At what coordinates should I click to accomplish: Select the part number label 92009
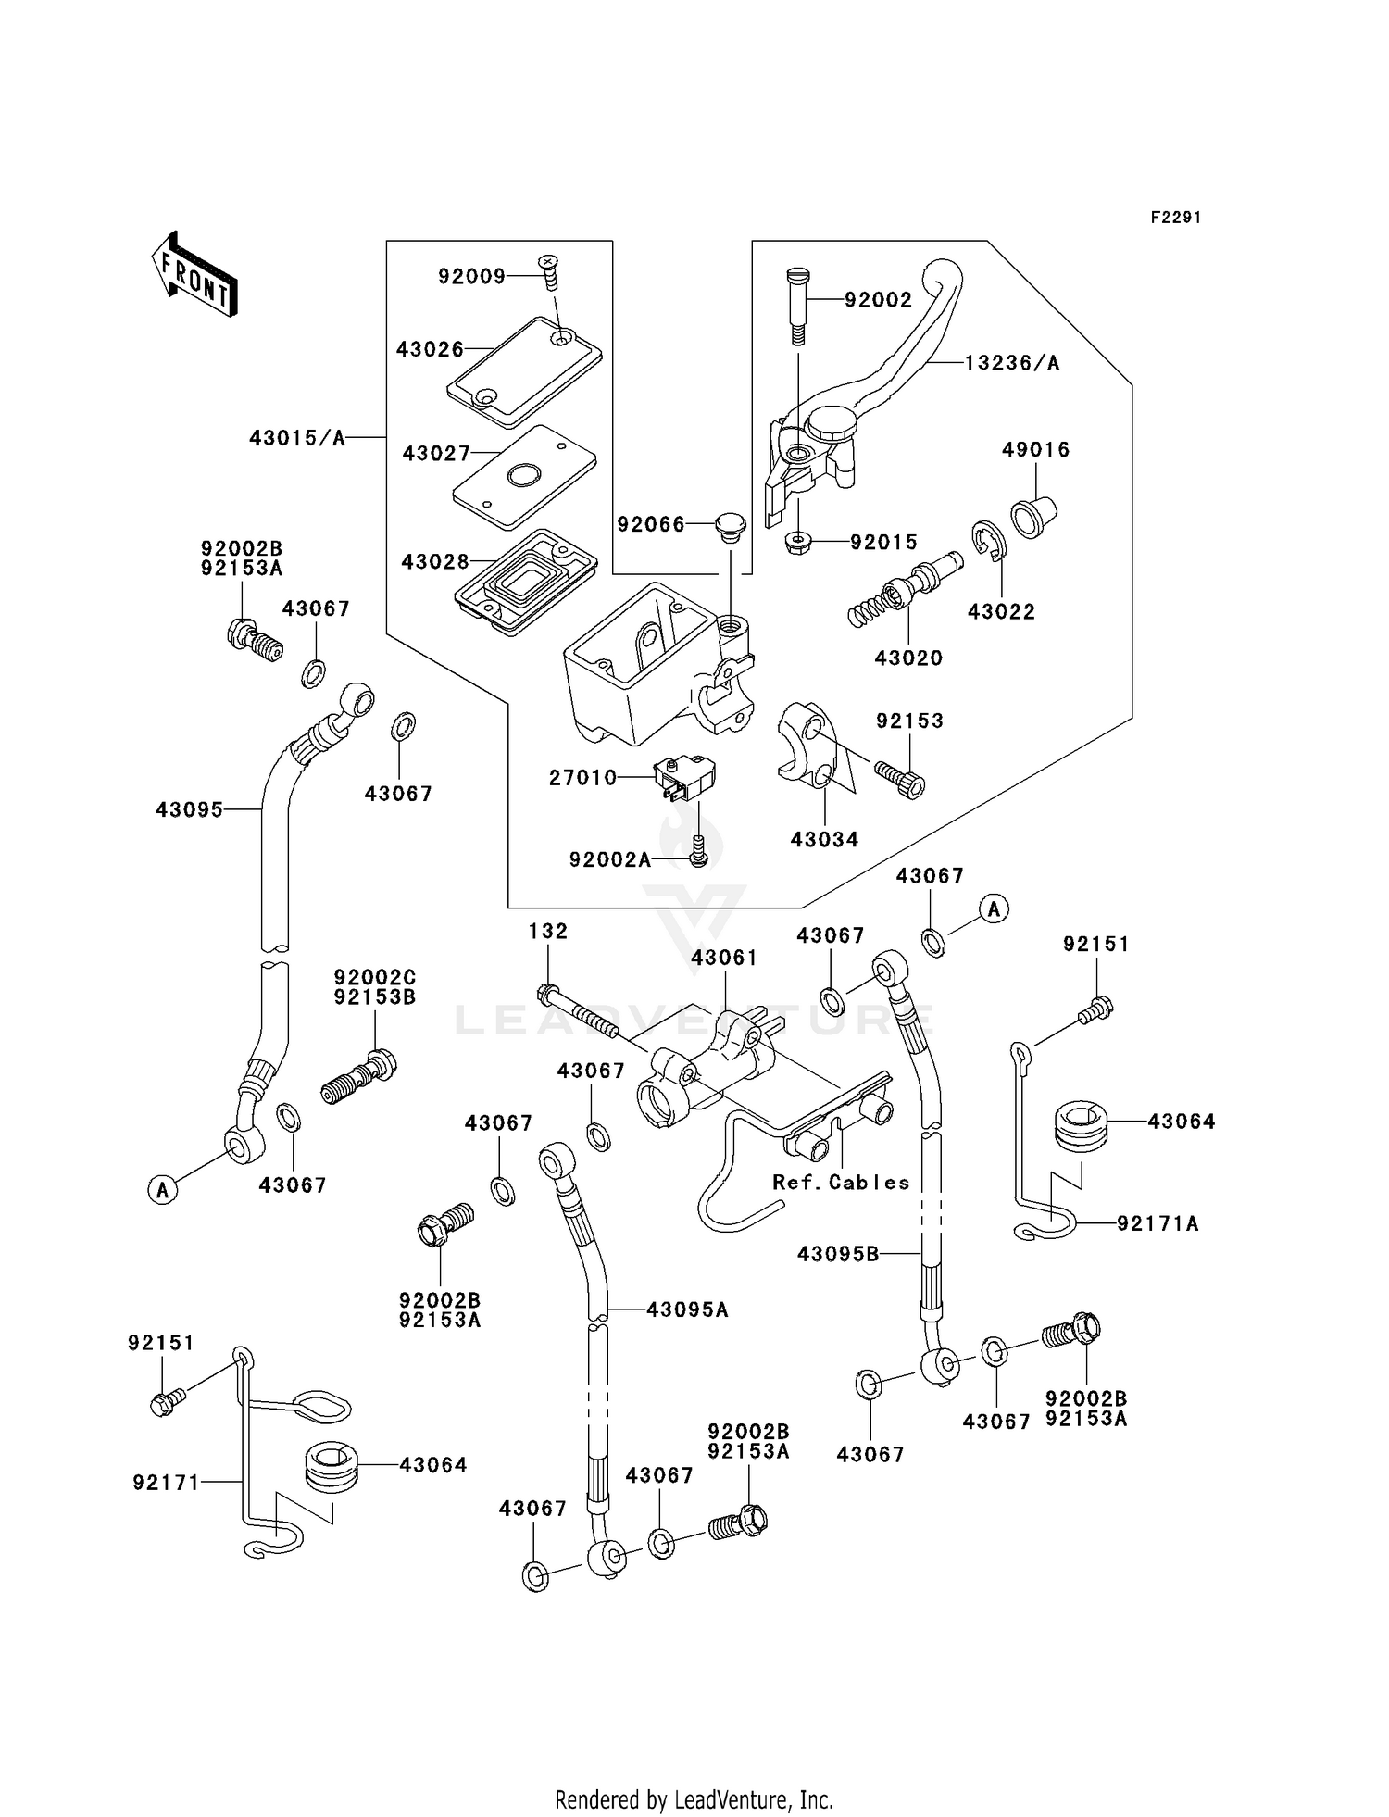coord(471,276)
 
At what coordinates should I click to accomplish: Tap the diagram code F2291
coord(1176,218)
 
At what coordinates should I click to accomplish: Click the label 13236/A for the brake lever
coord(1012,363)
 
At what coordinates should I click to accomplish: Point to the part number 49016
coord(1035,450)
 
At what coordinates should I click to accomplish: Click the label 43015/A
coord(297,438)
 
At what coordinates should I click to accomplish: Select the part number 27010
coord(582,778)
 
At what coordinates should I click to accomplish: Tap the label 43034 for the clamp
coord(824,840)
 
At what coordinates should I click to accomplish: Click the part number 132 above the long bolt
coord(548,931)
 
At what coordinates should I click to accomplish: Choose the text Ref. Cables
coord(841,1183)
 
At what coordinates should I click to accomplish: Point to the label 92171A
coord(1157,1223)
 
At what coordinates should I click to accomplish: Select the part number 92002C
coord(375,977)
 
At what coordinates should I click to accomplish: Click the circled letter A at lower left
coord(163,1189)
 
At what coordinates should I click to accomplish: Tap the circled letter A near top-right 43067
coord(995,909)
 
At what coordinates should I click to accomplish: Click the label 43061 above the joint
coord(724,958)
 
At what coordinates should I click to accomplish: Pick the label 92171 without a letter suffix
coord(166,1483)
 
